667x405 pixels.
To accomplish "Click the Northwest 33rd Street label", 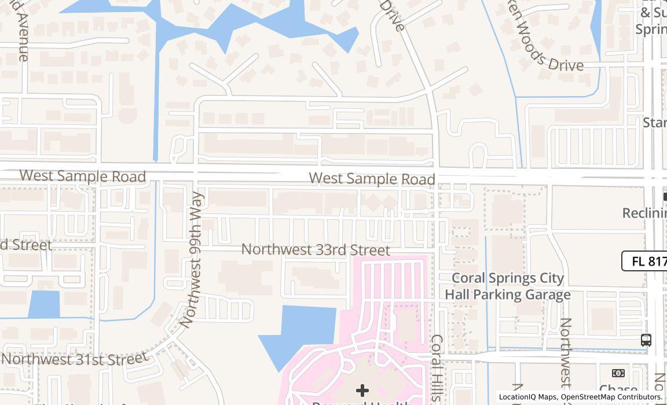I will pos(316,250).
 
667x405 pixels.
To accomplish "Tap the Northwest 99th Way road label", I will pos(193,260).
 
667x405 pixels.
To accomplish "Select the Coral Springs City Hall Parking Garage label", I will pos(508,286).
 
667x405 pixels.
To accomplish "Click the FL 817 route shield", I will pos(646,261).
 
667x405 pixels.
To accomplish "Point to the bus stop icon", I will pos(646,340).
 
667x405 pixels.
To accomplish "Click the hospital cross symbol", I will pos(362,391).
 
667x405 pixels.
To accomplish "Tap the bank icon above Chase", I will pos(618,373).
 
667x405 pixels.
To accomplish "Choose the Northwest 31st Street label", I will pos(74,359).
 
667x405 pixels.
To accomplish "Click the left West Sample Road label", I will pos(82,176).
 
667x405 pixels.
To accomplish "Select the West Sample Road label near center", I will pos(372,178).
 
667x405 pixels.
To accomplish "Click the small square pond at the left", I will pos(44,304).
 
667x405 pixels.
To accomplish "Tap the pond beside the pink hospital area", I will pos(301,333).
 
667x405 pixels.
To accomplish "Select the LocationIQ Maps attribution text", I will pos(527,397).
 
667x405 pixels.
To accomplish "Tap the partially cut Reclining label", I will pos(644,213).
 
